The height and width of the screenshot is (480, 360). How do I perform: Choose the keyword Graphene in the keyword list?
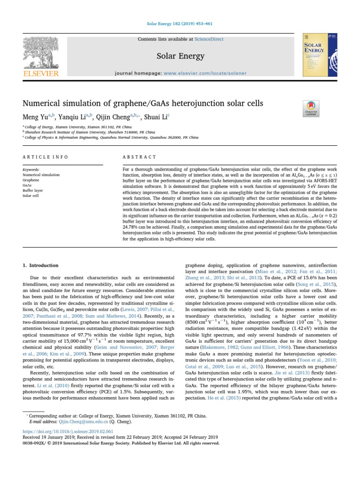pos(31,180)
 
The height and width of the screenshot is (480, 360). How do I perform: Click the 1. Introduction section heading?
pos(41,265)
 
